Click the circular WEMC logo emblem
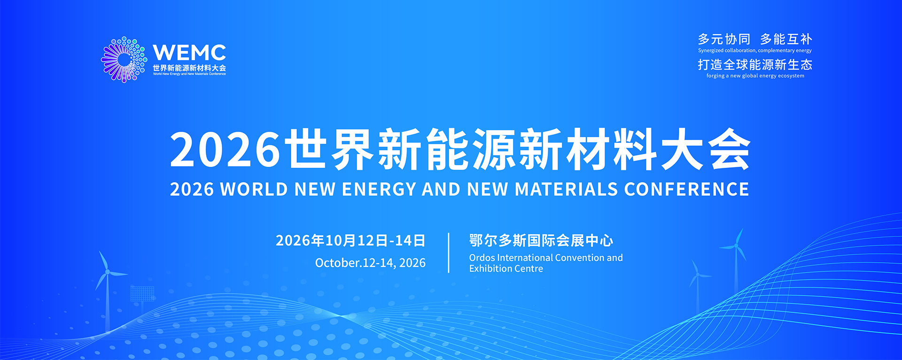pos(124,60)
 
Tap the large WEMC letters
pos(189,53)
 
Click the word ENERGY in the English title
pos(379,189)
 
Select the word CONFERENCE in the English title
pos(686,189)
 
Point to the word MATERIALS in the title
pos(566,189)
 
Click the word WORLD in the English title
pos(254,189)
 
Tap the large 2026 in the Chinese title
pos(225,149)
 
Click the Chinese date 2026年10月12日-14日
pos(350,241)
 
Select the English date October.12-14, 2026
pos(370,263)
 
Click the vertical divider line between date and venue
pos(449,253)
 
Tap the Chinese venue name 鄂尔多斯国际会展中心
pos(541,241)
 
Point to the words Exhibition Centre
pos(506,268)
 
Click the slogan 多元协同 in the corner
pos(724,39)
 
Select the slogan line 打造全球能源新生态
pos(755,64)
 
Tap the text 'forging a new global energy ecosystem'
pos(755,76)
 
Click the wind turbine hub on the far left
pos(108,272)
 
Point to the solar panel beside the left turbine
pos(142,294)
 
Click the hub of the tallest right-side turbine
pos(736,246)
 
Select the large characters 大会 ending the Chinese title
pos(705,149)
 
